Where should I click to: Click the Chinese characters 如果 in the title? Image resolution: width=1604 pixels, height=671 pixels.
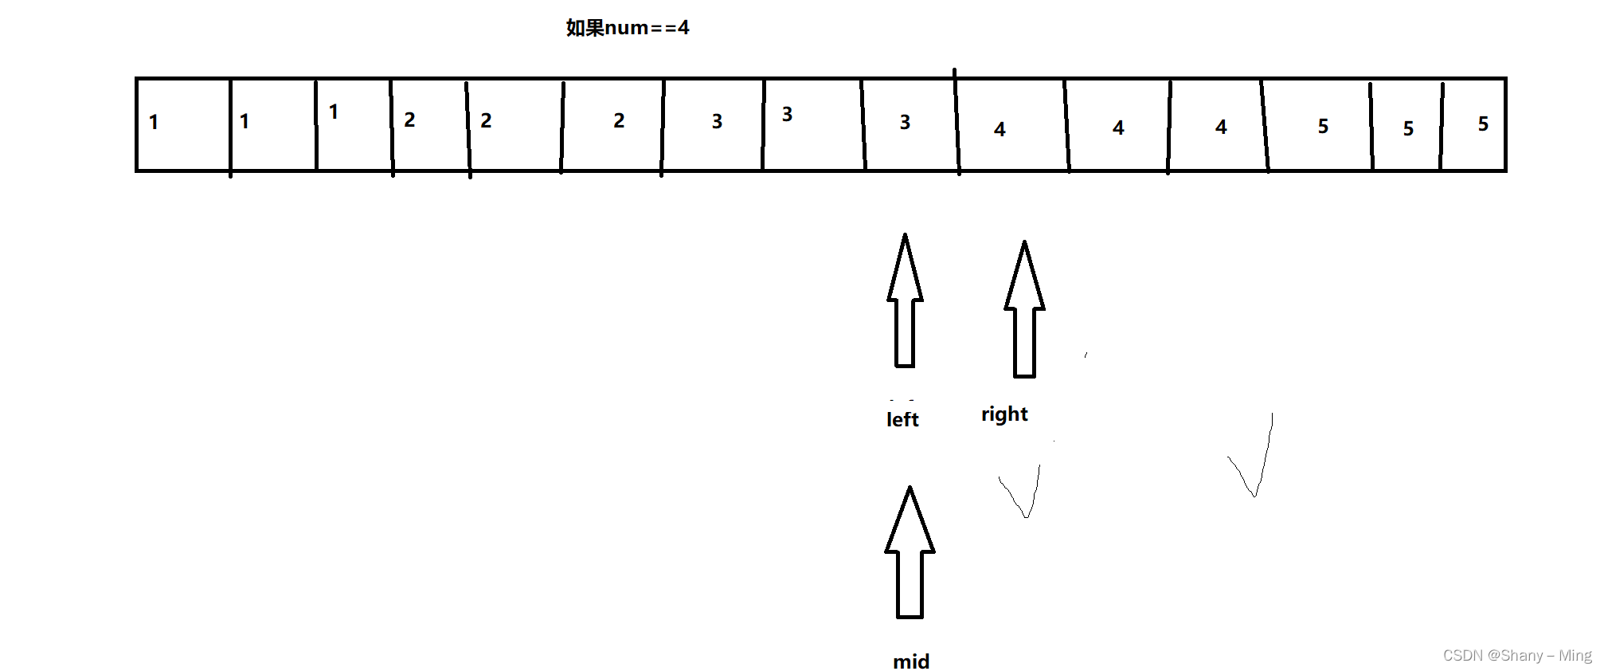(585, 28)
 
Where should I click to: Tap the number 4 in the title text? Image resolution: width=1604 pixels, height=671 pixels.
(683, 28)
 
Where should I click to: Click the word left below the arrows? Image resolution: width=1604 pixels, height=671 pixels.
(902, 419)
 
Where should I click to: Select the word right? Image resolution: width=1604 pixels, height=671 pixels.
(1004, 414)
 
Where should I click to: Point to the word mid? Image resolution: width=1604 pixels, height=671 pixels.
(911, 661)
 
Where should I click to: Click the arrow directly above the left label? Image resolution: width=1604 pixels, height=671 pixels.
(905, 301)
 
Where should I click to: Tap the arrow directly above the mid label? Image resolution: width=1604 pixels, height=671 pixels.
(910, 553)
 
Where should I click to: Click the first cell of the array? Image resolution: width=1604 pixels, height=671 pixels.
(183, 124)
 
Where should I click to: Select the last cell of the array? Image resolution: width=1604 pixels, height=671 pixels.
(1473, 124)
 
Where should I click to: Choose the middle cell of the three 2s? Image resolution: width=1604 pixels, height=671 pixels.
(515, 124)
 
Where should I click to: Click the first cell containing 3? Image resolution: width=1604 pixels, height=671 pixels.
(712, 124)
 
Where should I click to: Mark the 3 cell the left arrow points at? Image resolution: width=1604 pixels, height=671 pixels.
(910, 124)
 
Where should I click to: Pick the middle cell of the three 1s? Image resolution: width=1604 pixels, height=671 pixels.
(273, 124)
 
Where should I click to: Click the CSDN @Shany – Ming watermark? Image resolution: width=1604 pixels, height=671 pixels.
(1516, 655)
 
